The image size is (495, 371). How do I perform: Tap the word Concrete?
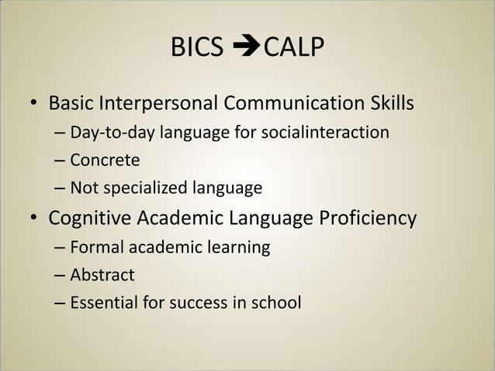[x=105, y=161]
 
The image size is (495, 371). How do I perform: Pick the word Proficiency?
[x=369, y=219]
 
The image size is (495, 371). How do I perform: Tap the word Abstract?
[x=102, y=276]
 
